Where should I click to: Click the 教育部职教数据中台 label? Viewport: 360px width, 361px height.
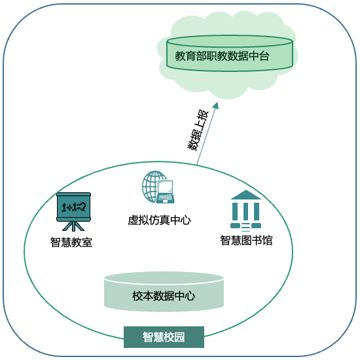coord(222,56)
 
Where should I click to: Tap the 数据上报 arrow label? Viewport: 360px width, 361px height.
coord(198,131)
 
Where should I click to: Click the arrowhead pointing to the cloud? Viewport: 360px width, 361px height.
coord(216,106)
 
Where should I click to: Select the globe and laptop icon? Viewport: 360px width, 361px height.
coord(158,187)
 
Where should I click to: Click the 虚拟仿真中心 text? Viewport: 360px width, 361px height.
coord(159,220)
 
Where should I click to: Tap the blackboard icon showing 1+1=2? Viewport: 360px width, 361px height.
coord(73,212)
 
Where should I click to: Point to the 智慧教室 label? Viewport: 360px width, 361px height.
coord(71,242)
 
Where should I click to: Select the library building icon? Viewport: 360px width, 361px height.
coord(245,211)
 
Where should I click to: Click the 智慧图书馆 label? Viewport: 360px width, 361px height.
coord(246,241)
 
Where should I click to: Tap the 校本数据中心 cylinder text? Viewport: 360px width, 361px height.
coord(164,296)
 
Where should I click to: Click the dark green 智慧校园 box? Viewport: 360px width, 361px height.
coord(164,337)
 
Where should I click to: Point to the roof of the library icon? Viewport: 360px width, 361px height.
coord(246,195)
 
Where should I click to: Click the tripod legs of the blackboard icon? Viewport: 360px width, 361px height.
coord(73,226)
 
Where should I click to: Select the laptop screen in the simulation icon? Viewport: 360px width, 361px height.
coord(166,187)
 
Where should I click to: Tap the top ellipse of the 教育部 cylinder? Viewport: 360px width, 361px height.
coord(230,41)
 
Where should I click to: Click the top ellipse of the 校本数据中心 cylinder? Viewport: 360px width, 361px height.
coord(164,278)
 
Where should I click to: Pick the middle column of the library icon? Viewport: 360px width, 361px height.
coord(246,211)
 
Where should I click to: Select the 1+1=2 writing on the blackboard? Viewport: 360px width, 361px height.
coord(74,207)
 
